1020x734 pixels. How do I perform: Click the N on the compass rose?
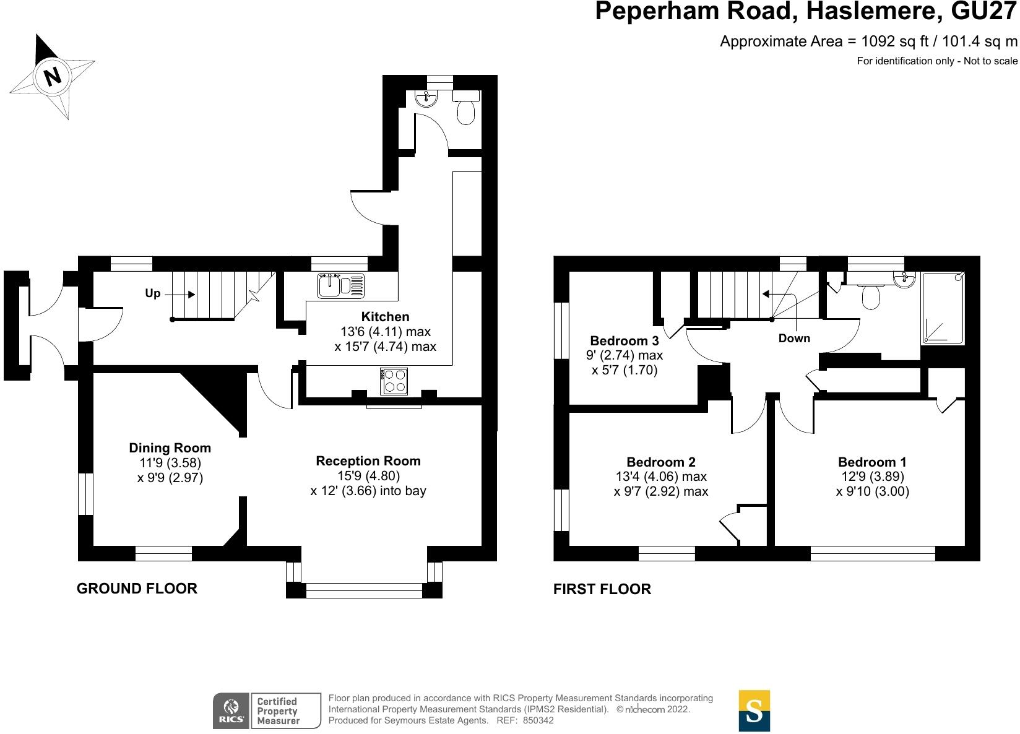click(x=53, y=76)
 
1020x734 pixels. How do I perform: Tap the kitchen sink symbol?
click(x=340, y=285)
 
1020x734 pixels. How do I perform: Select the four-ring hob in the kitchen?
click(x=394, y=381)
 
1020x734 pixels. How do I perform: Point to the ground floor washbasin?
click(x=426, y=98)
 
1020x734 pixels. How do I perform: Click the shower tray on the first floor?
click(x=943, y=308)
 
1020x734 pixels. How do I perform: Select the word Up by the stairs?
click(x=152, y=293)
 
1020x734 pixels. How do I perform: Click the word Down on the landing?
click(x=794, y=339)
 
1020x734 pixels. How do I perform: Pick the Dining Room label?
click(x=170, y=448)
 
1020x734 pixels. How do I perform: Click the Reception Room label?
click(x=368, y=461)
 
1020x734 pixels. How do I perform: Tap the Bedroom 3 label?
click(x=625, y=340)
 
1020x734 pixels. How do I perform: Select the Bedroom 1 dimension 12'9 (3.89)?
click(x=872, y=477)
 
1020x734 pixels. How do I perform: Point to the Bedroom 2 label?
click(x=661, y=462)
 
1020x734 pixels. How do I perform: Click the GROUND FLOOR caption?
click(x=137, y=589)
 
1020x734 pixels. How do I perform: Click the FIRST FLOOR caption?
click(x=602, y=589)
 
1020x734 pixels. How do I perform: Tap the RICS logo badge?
click(x=267, y=710)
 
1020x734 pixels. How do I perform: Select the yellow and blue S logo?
click(x=754, y=710)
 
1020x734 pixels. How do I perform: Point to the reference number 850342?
click(x=538, y=720)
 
